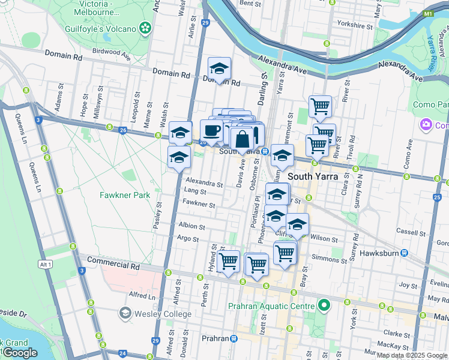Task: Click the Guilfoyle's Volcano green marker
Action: point(145,28)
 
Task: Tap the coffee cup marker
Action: point(211,130)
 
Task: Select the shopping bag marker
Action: point(242,139)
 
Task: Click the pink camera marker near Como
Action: point(426,125)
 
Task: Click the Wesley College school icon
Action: point(125,313)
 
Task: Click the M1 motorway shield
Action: point(428,13)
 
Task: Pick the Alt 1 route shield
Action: point(44,264)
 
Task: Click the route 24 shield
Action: point(122,353)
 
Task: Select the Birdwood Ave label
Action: point(112,53)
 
